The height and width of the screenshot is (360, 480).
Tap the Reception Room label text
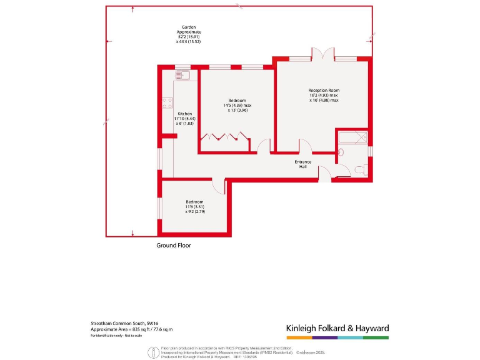coord(323,90)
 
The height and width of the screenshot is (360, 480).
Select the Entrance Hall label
coord(303,164)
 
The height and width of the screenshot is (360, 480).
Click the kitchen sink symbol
coord(182,76)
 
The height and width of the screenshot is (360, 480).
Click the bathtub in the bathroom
coord(353,138)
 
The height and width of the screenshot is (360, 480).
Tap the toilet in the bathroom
coord(359,169)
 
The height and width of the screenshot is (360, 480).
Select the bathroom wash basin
coord(341,152)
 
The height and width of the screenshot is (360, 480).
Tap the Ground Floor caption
coord(173,246)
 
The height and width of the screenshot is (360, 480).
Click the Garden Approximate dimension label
coord(189,32)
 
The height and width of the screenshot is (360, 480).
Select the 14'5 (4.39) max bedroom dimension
coord(236,106)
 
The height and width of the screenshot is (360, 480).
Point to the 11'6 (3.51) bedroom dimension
coord(195,207)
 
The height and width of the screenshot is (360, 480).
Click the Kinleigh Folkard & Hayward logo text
coord(337,328)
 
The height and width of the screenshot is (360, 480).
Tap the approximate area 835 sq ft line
coord(131,329)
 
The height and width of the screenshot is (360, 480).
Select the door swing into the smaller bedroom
coord(219,186)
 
